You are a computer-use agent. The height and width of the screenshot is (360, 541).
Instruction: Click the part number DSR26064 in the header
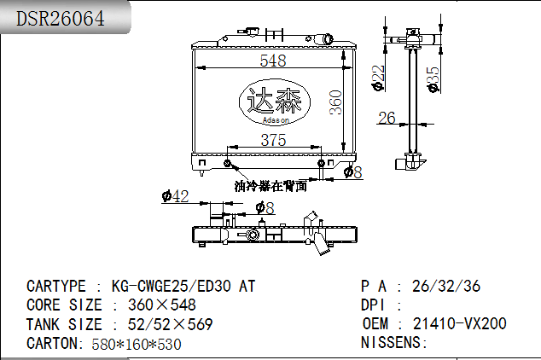tap(61, 18)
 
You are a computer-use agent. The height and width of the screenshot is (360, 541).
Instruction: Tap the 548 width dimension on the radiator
tap(273, 60)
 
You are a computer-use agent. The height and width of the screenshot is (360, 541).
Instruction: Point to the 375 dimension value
tap(273, 140)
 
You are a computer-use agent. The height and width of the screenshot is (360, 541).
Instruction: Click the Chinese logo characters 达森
tap(273, 102)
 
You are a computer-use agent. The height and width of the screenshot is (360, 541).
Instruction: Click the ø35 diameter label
tap(433, 78)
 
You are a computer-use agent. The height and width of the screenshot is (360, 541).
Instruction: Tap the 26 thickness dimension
tap(387, 118)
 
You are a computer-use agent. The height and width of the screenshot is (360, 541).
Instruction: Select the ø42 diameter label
tap(175, 197)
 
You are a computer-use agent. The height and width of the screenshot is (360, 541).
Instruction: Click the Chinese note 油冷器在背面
tap(270, 186)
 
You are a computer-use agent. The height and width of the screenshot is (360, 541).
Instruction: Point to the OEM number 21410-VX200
tap(460, 324)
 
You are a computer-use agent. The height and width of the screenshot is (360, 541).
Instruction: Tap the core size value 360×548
tap(161, 305)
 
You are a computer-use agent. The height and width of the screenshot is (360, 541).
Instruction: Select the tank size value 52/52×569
tap(170, 324)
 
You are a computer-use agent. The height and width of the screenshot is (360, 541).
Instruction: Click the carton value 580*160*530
tap(136, 344)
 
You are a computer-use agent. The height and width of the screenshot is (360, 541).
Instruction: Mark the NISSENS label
tap(394, 343)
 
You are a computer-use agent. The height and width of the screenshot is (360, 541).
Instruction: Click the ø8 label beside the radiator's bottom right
tap(352, 172)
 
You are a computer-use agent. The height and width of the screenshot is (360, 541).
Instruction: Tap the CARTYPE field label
tap(56, 287)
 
